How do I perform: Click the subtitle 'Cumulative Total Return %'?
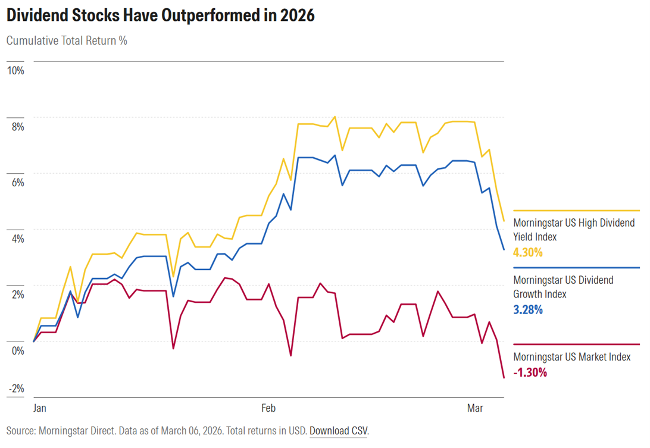coord(67,41)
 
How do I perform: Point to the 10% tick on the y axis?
coord(15,71)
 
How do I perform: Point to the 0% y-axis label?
coord(17,350)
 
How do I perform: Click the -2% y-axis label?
coord(15,389)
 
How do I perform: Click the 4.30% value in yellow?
coord(528,252)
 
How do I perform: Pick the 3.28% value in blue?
coord(528,309)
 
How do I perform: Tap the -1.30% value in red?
coord(530,372)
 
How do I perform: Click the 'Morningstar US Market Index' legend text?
coord(571,357)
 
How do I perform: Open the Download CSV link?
coord(338,430)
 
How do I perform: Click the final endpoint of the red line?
coord(504,378)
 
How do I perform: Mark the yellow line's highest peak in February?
coord(335,117)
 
